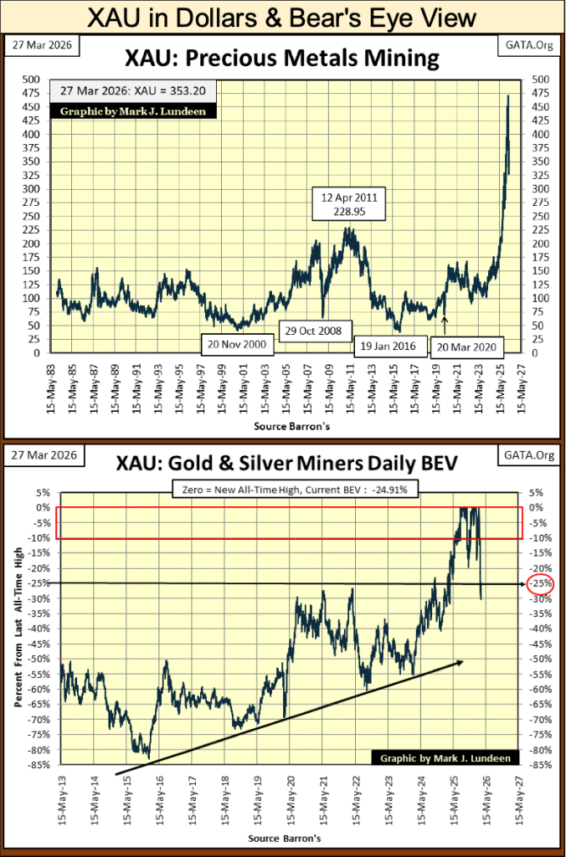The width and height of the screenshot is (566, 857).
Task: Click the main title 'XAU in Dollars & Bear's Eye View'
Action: point(282,18)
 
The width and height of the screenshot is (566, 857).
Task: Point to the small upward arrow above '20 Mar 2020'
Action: point(445,321)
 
